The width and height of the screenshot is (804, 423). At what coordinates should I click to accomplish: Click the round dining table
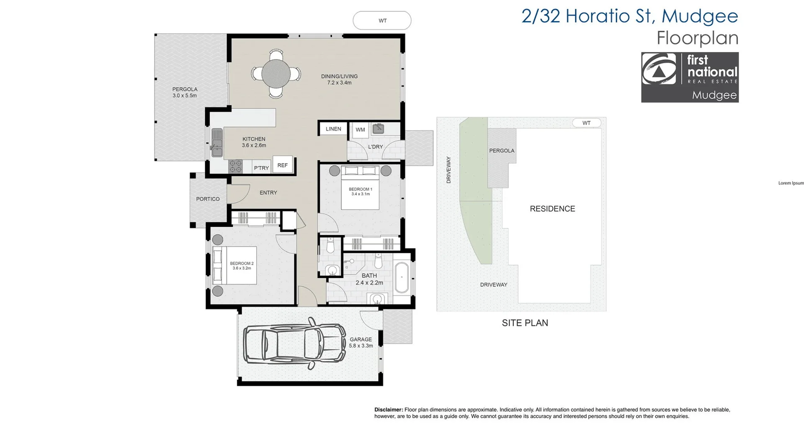tap(276, 74)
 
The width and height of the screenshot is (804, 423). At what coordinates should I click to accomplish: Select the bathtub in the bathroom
tap(402, 277)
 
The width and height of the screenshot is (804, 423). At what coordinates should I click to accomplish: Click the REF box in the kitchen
tap(283, 165)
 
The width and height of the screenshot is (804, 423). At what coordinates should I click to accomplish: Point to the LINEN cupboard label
tap(333, 129)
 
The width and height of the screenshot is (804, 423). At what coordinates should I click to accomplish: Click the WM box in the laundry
tap(360, 130)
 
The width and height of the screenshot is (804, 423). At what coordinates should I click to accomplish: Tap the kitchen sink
tap(216, 142)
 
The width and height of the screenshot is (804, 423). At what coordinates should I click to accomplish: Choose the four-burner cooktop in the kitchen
tap(235, 166)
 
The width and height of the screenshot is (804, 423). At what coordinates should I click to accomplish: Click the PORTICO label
tap(208, 199)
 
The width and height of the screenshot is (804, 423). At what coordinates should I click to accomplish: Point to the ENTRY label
tap(268, 193)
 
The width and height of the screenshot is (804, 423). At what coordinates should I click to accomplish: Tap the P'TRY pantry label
tap(261, 168)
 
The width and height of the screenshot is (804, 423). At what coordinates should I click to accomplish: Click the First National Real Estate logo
tap(690, 77)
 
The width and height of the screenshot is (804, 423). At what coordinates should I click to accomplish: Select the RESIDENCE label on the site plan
tap(552, 209)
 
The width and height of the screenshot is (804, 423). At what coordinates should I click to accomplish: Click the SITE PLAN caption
tap(525, 323)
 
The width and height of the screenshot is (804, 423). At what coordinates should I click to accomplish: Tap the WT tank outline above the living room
tap(382, 21)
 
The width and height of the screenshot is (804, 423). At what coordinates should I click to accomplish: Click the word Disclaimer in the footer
tap(388, 410)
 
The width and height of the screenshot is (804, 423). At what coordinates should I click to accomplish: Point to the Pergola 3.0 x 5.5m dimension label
tap(185, 95)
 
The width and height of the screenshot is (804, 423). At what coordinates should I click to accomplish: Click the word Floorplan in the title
tap(697, 38)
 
